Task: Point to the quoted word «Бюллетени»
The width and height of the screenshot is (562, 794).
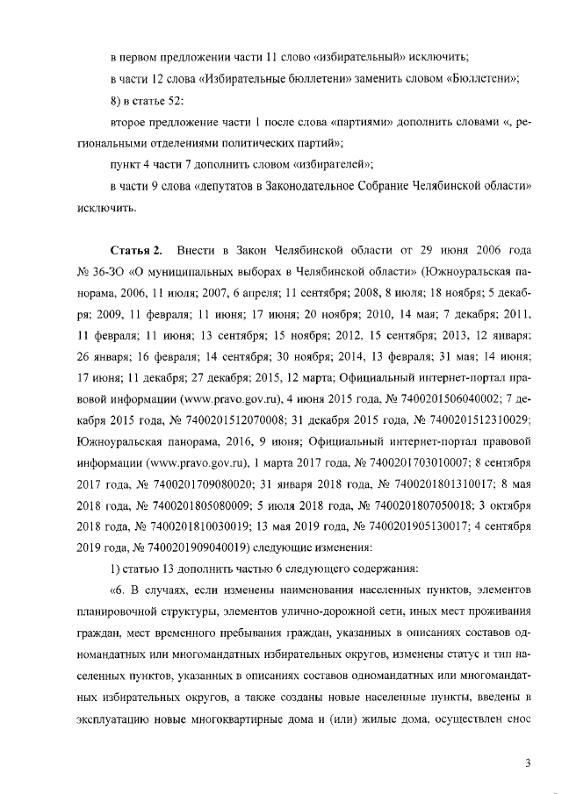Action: pos(481,79)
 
